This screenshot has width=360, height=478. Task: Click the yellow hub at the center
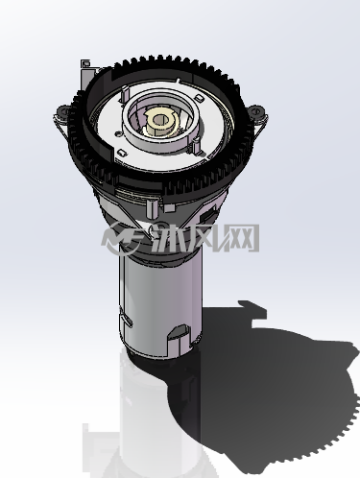pos(159,123)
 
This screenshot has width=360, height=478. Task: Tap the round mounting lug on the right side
pos(256,111)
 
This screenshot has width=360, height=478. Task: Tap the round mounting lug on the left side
pos(64,111)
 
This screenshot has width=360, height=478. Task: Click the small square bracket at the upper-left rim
pos(85,63)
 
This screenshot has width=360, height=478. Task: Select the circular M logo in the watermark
pos(120,238)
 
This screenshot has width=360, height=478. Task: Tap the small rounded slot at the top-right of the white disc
pos(200,98)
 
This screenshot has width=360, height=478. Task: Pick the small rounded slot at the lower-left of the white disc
pos(122,153)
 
